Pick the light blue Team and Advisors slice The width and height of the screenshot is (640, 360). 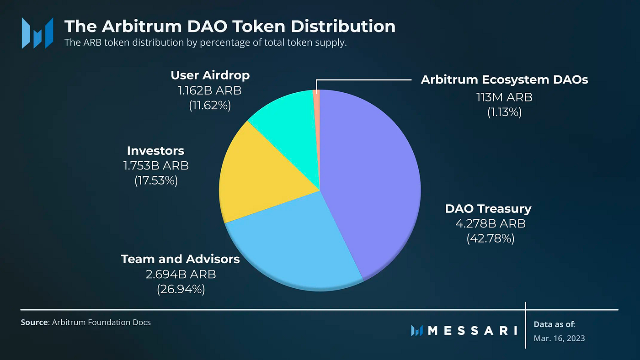(294, 245)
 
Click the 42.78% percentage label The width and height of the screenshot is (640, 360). (490, 238)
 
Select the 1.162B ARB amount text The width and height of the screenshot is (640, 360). (210, 90)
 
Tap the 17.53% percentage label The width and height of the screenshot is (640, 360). (156, 181)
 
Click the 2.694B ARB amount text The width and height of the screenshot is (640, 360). (181, 275)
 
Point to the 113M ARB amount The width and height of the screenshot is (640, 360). (504, 97)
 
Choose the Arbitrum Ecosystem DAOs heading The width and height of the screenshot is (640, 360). (504, 79)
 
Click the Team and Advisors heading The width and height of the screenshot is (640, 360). (180, 259)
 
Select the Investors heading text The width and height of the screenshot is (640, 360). (155, 151)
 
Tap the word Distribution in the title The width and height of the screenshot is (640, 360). (343, 26)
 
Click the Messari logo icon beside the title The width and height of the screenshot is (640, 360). (37, 33)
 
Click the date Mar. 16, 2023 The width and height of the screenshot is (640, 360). (559, 339)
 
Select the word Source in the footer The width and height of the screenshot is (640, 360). (34, 323)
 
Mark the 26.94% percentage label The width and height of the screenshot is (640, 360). (181, 290)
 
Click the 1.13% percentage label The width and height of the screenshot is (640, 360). (504, 112)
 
